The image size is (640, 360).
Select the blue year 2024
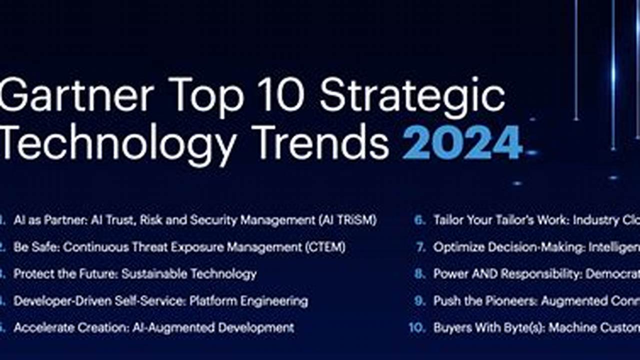[462, 142]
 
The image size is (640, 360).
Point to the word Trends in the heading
[319, 142]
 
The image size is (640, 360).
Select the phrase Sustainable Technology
[189, 274]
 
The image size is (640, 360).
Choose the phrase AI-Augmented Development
[213, 328]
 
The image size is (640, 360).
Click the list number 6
[420, 220]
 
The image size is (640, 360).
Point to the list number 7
[420, 247]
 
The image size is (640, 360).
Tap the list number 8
[420, 274]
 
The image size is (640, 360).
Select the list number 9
[420, 301]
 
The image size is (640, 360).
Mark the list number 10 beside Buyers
[417, 328]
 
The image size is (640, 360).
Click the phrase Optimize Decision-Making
[507, 247]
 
